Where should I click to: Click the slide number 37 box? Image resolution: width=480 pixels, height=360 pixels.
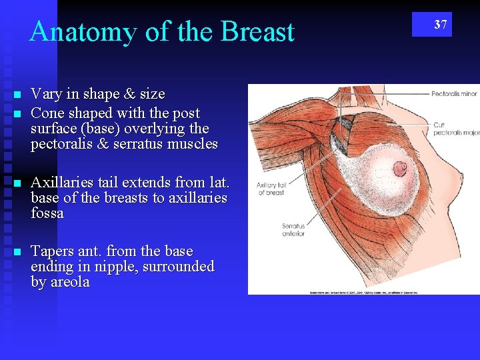coord(431,25)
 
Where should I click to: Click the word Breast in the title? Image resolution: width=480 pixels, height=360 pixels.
coord(257,32)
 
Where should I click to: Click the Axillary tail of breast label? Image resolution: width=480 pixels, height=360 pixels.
coord(271,189)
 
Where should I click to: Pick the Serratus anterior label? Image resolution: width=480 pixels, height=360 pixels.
coord(293,230)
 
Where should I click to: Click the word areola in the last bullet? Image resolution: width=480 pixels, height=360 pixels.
coord(69,283)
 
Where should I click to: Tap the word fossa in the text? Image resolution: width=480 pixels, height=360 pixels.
coord(47,214)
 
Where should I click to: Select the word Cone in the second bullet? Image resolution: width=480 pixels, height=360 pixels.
coord(49,114)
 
